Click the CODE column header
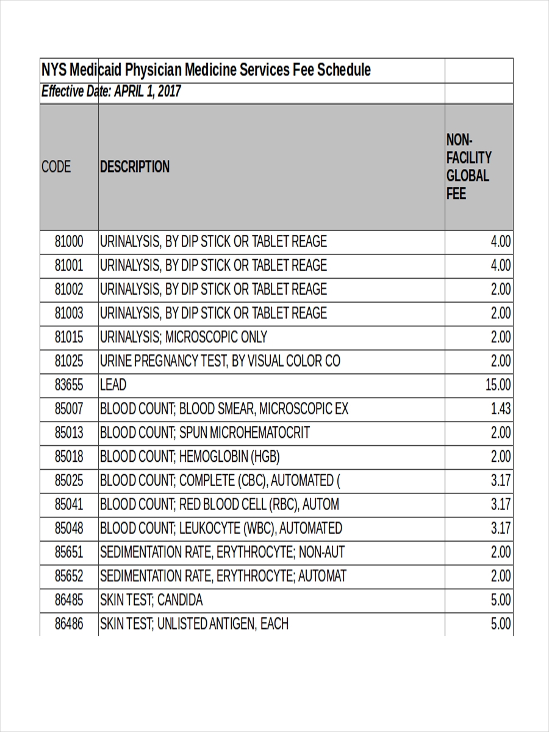[56, 167]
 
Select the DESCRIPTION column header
[135, 167]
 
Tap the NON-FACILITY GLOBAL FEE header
[468, 167]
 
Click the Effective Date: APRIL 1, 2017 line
[111, 92]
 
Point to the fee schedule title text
[206, 70]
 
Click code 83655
[69, 385]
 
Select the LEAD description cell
[113, 385]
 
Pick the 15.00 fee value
[498, 385]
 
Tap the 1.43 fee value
[501, 409]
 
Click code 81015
[69, 337]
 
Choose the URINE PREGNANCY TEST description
[220, 361]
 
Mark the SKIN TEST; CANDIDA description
[151, 600]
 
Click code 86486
[69, 624]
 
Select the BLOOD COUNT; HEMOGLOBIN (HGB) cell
[190, 456]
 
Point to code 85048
[69, 528]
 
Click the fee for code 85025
[501, 481]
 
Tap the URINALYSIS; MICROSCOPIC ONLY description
[183, 337]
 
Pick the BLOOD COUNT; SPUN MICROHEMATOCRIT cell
[204, 432]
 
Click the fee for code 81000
[501, 242]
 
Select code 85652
[69, 576]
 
